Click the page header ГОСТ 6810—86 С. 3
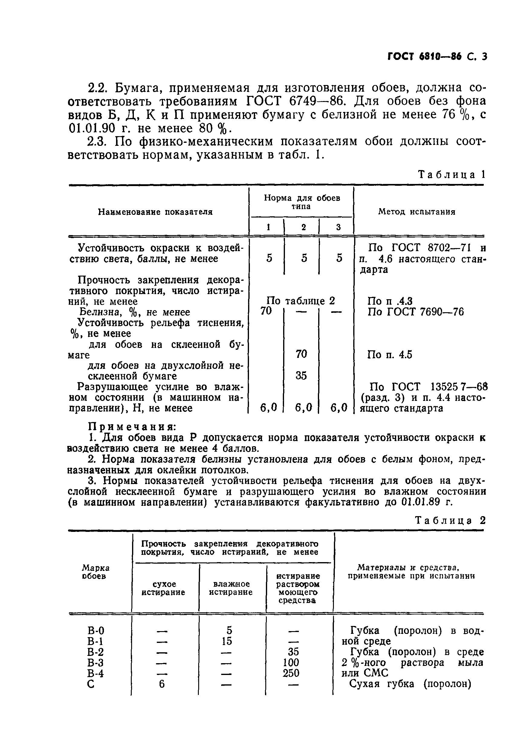[437, 57]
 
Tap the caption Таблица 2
[450, 520]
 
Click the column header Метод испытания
[416, 212]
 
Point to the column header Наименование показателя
[155, 212]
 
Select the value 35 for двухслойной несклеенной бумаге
[301, 376]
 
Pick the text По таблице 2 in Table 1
[301, 301]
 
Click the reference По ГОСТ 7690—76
[415, 312]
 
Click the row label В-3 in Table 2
[95, 663]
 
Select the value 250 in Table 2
[291, 673]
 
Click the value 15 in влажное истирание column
[227, 641]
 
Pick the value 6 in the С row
[162, 684]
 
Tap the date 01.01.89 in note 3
[421, 502]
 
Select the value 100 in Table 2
[291, 663]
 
